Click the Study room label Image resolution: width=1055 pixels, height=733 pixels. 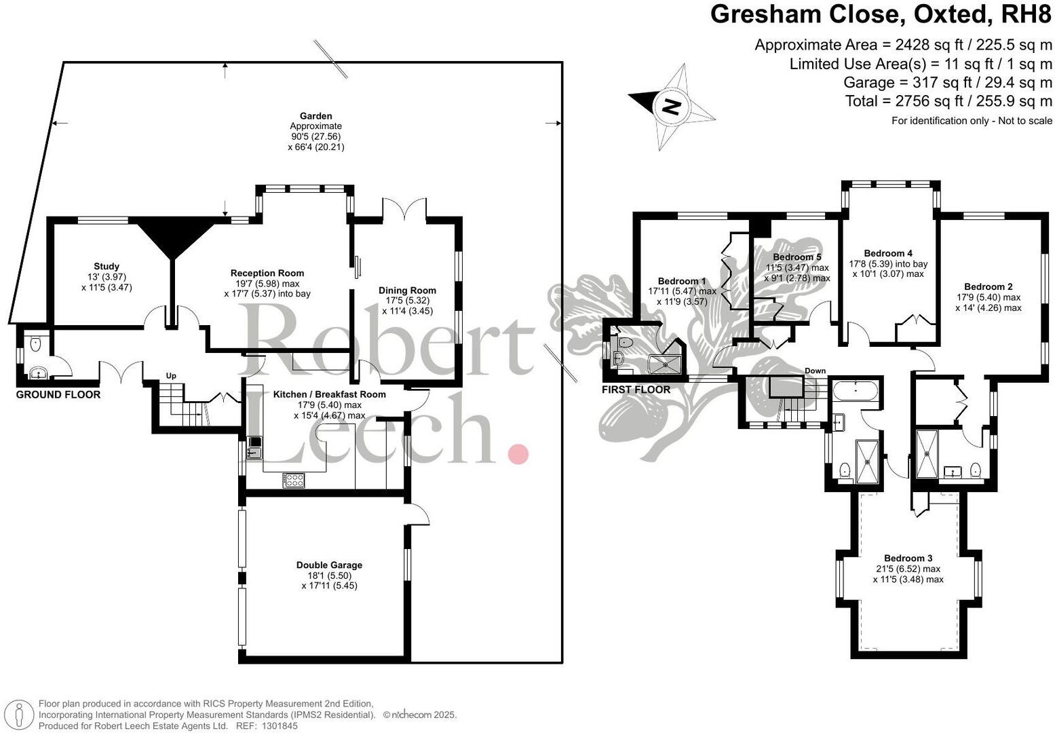click(x=107, y=267)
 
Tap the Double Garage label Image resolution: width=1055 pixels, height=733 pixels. click(x=329, y=565)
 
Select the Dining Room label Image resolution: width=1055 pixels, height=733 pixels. click(x=407, y=290)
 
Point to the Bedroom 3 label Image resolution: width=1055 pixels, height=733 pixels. click(x=908, y=559)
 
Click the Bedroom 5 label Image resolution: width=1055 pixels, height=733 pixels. click(x=797, y=257)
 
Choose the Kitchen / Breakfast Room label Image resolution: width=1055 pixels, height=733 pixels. click(x=329, y=394)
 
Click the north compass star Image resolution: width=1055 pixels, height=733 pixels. click(x=671, y=106)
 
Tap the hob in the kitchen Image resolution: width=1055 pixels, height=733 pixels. click(x=294, y=480)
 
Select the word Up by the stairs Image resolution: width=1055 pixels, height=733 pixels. click(x=172, y=375)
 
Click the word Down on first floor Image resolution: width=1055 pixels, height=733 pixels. click(x=815, y=371)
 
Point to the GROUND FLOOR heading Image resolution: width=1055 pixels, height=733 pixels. click(x=58, y=394)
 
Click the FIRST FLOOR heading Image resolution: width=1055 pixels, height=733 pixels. click(x=636, y=390)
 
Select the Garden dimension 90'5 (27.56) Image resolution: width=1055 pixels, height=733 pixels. click(x=315, y=136)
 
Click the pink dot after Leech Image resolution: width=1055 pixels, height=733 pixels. click(x=518, y=453)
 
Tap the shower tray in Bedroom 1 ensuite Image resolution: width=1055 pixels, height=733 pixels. click(x=666, y=366)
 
